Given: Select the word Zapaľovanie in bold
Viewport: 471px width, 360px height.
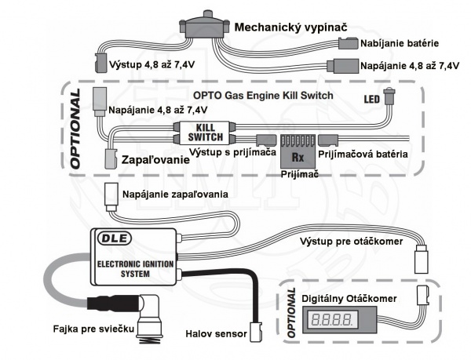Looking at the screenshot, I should pos(155,159).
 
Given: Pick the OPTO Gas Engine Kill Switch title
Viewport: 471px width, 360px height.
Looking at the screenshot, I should pos(256,96).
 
